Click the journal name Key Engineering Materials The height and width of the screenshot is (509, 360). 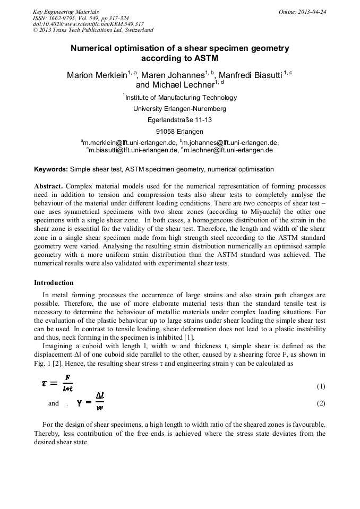65,12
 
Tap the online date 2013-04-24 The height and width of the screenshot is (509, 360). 308,12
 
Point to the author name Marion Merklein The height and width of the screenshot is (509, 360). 96,75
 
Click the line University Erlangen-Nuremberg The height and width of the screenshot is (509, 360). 179,109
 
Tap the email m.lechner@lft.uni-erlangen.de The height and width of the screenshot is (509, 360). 228,150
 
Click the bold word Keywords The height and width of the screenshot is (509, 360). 51,169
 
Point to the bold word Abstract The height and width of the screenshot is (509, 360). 48,187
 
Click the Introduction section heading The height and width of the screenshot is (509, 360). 54,282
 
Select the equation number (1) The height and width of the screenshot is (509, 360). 321,386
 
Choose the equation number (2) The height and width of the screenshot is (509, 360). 321,403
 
